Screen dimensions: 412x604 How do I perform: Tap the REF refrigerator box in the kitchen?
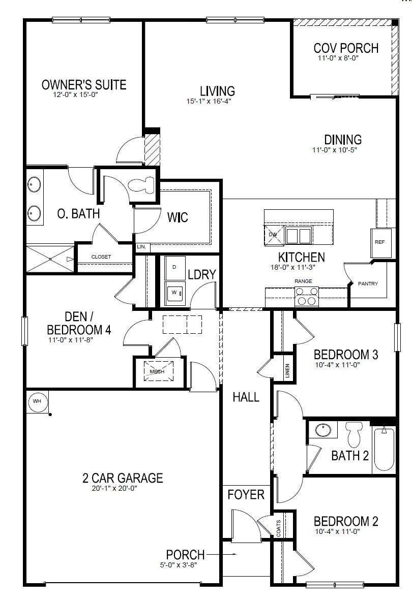point(381,243)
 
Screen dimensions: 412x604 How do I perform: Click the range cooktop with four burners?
point(307,297)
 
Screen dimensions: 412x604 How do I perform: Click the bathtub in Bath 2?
point(384,449)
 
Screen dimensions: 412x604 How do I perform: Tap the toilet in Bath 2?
point(353,434)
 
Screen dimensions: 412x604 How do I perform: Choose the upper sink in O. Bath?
point(35,184)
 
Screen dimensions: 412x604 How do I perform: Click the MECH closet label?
point(157,371)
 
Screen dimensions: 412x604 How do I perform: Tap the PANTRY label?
point(368,283)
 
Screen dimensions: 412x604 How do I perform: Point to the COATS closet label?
point(279,528)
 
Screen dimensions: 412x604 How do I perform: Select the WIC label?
point(178,217)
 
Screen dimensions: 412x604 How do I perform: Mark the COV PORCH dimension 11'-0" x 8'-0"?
point(338,58)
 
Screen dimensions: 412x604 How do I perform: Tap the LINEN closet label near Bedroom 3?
point(287,371)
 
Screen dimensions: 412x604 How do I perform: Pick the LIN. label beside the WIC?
point(141,247)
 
